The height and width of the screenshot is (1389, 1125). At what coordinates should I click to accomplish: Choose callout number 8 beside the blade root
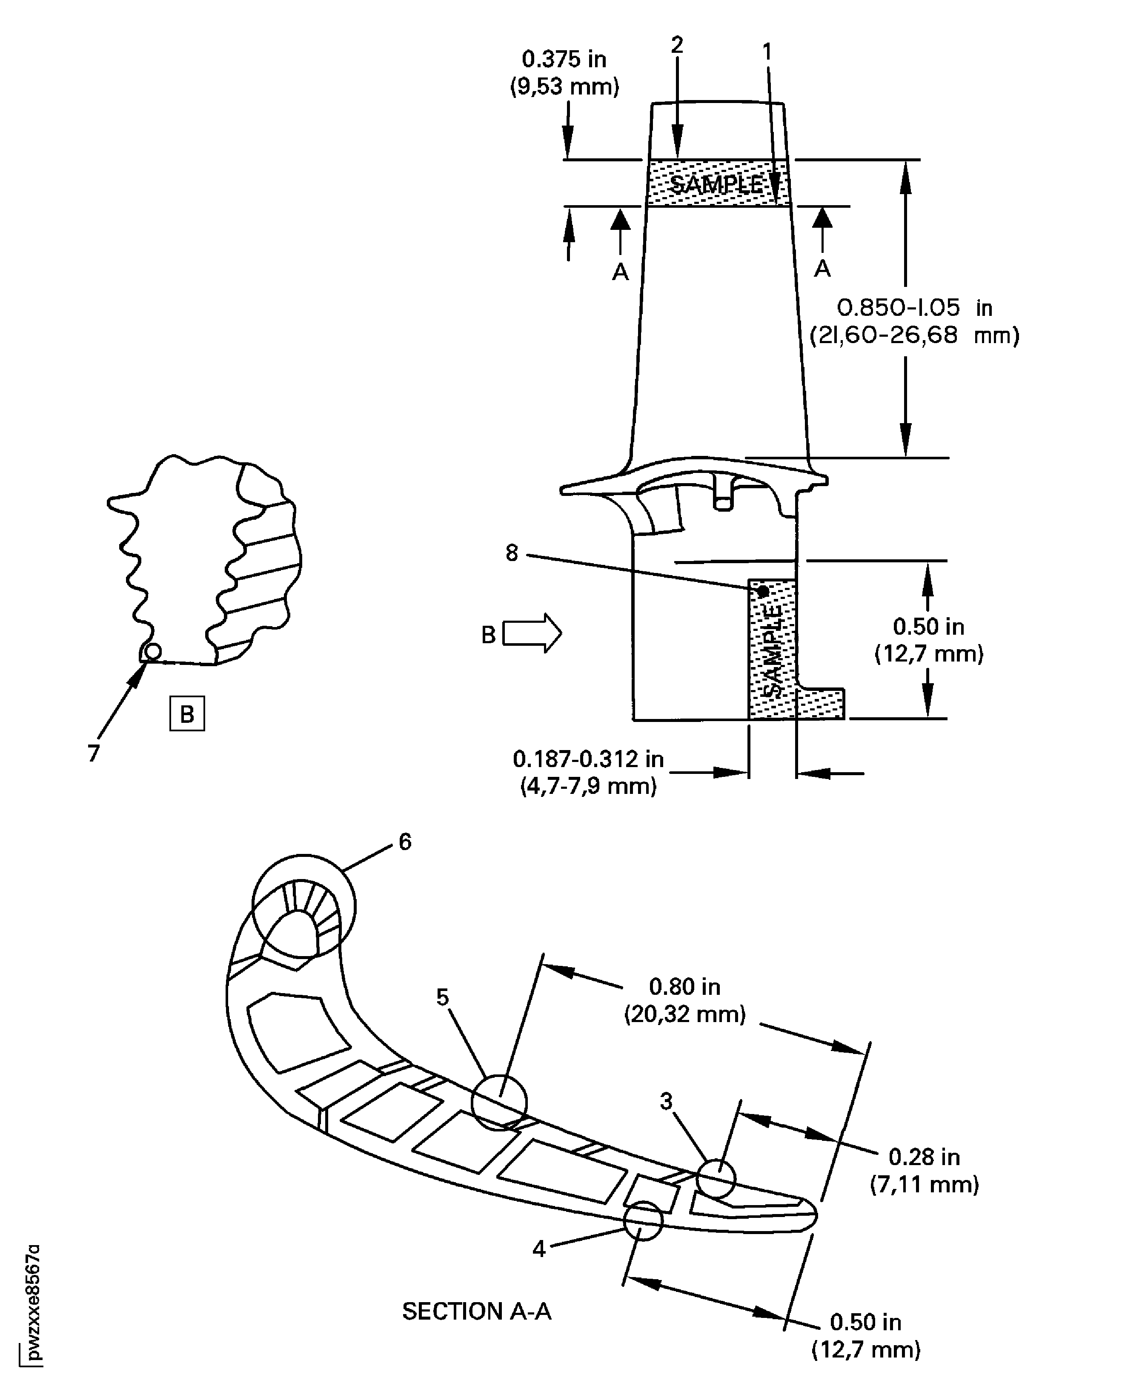point(512,553)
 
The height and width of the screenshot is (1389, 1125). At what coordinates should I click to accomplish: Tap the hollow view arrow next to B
point(532,633)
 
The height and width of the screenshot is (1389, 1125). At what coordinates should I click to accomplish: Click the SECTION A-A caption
point(476,1311)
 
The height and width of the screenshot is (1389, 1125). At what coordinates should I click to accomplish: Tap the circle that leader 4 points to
point(643,1220)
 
